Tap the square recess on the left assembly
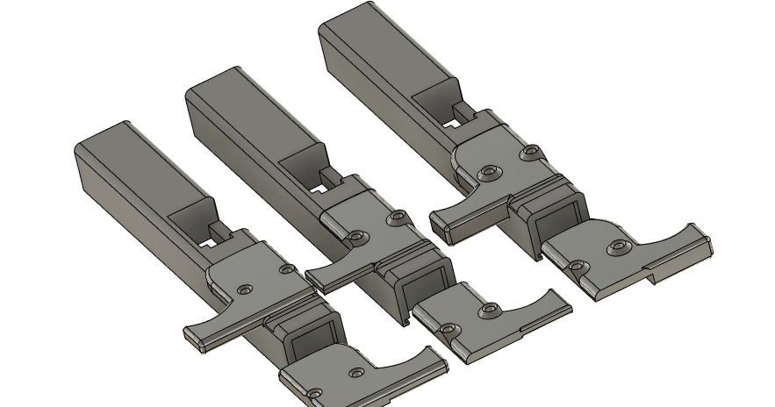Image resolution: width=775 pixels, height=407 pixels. tap(311, 332)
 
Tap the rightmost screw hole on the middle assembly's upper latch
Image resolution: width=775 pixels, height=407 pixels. tap(399, 214)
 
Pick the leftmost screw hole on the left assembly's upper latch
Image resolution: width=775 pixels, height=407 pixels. tap(245, 288)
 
